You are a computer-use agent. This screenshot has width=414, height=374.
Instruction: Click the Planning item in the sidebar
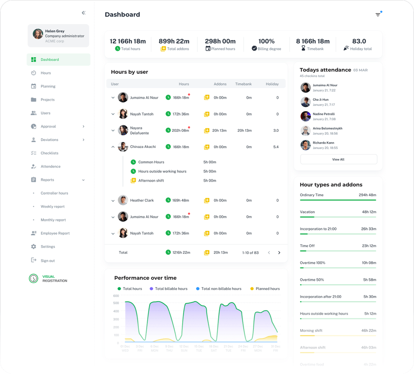coord(48,86)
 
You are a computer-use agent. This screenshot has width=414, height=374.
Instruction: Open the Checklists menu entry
coord(49,153)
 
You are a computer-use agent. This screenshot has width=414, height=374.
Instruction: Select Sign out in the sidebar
coord(48,261)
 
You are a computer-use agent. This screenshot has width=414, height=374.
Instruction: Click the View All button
coord(338,159)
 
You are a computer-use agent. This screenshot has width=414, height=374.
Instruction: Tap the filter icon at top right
coord(378,15)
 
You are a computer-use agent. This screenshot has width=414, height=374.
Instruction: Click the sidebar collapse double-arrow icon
coord(84,13)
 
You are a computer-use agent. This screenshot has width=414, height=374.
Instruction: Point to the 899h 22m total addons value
coord(174,41)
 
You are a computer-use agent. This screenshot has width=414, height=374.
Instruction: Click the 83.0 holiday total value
coord(359,41)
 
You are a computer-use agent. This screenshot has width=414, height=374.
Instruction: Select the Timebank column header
coord(243,84)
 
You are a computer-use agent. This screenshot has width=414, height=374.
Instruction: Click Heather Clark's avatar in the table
coord(123,200)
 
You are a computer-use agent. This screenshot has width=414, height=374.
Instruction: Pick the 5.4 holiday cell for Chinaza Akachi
coord(276,147)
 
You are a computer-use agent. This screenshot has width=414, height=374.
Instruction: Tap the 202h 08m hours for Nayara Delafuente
coord(180,130)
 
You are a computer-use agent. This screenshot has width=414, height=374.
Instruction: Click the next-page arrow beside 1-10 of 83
coord(279,253)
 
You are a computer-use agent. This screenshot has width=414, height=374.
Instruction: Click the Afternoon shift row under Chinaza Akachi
coord(151,180)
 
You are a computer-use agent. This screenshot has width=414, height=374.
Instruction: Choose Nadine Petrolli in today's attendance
coord(324,114)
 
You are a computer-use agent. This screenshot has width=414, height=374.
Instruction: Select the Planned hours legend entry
coord(268,289)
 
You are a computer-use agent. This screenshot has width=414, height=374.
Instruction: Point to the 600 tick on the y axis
coord(116,296)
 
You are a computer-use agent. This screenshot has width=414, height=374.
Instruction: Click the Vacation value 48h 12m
coord(369,212)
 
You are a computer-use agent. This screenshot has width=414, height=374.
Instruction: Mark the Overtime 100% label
coord(312,263)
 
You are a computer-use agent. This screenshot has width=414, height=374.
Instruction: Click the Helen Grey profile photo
coord(38,34)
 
